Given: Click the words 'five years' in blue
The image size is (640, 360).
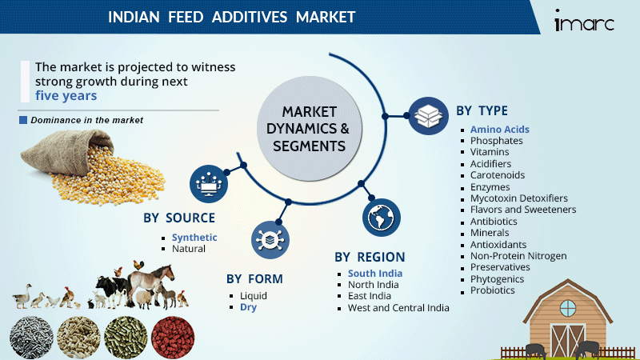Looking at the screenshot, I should coord(66,95).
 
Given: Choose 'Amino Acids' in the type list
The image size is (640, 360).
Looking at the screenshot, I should coord(499,129).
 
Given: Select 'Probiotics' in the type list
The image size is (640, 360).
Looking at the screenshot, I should coord(493,290).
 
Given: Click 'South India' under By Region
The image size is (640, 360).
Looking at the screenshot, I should coord(375,274).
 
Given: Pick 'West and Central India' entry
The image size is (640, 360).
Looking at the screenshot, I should coord(398,307).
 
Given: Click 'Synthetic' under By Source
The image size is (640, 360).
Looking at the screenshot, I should coord(194,238).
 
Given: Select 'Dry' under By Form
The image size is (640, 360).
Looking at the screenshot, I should coord(249,306).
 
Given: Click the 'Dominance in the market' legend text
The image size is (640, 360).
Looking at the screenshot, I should coord(86,120).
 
